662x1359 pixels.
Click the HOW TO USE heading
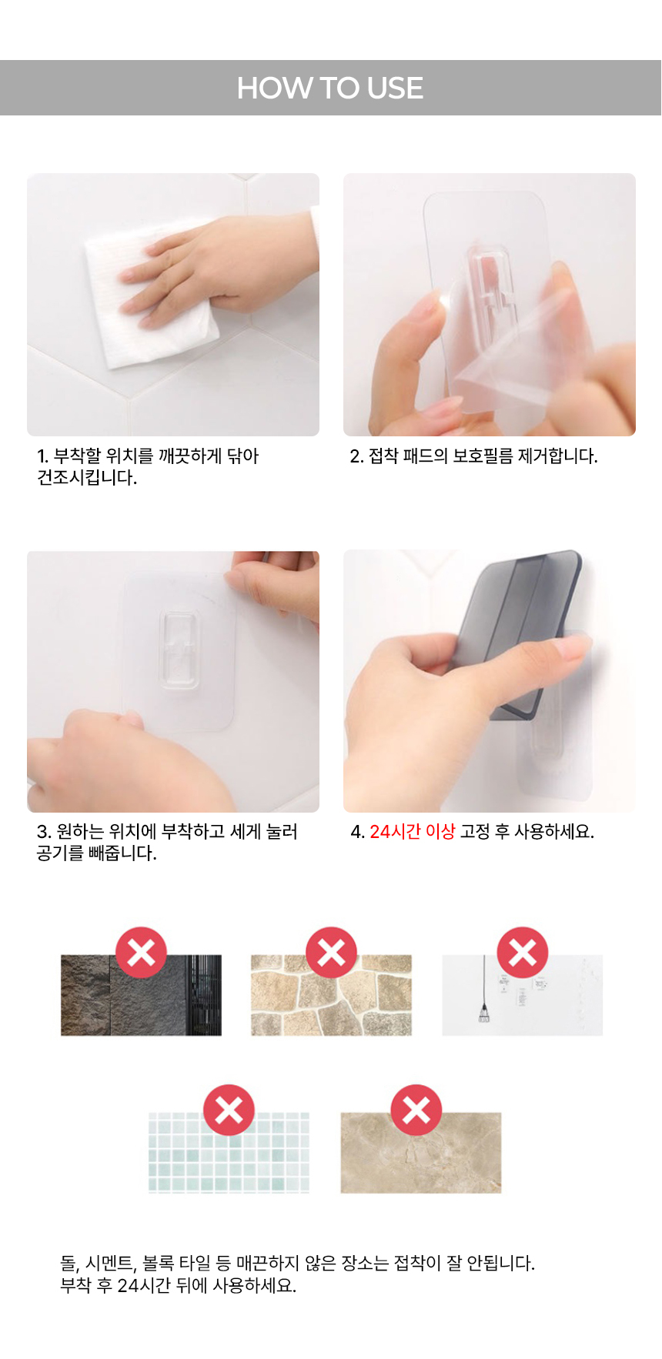tap(330, 88)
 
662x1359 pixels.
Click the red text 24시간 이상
tap(413, 832)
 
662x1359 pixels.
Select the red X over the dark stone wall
tap(142, 953)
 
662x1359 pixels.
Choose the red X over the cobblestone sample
tap(332, 953)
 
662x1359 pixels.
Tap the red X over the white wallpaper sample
tap(523, 953)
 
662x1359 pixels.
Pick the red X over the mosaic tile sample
tap(229, 1110)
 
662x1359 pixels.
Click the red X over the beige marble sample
tap(416, 1110)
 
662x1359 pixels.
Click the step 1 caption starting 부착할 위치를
tap(148, 467)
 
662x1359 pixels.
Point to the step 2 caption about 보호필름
tap(473, 456)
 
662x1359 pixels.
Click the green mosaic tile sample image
tap(229, 1152)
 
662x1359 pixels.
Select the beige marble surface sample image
tap(421, 1153)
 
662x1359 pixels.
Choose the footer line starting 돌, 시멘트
tap(298, 1263)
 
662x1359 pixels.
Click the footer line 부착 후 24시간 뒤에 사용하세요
tap(179, 1285)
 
